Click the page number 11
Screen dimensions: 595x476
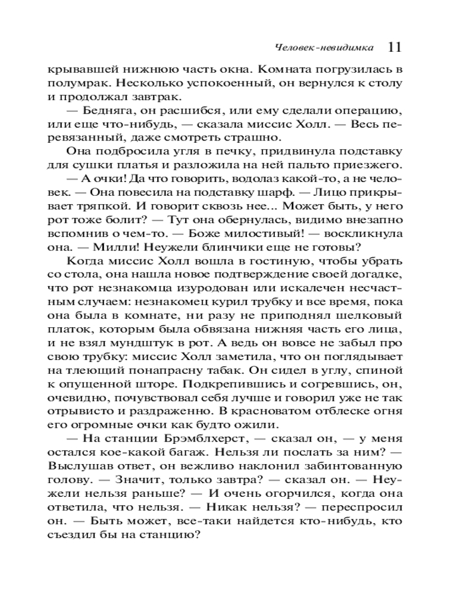[395, 47]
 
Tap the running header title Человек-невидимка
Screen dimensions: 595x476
[325, 48]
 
